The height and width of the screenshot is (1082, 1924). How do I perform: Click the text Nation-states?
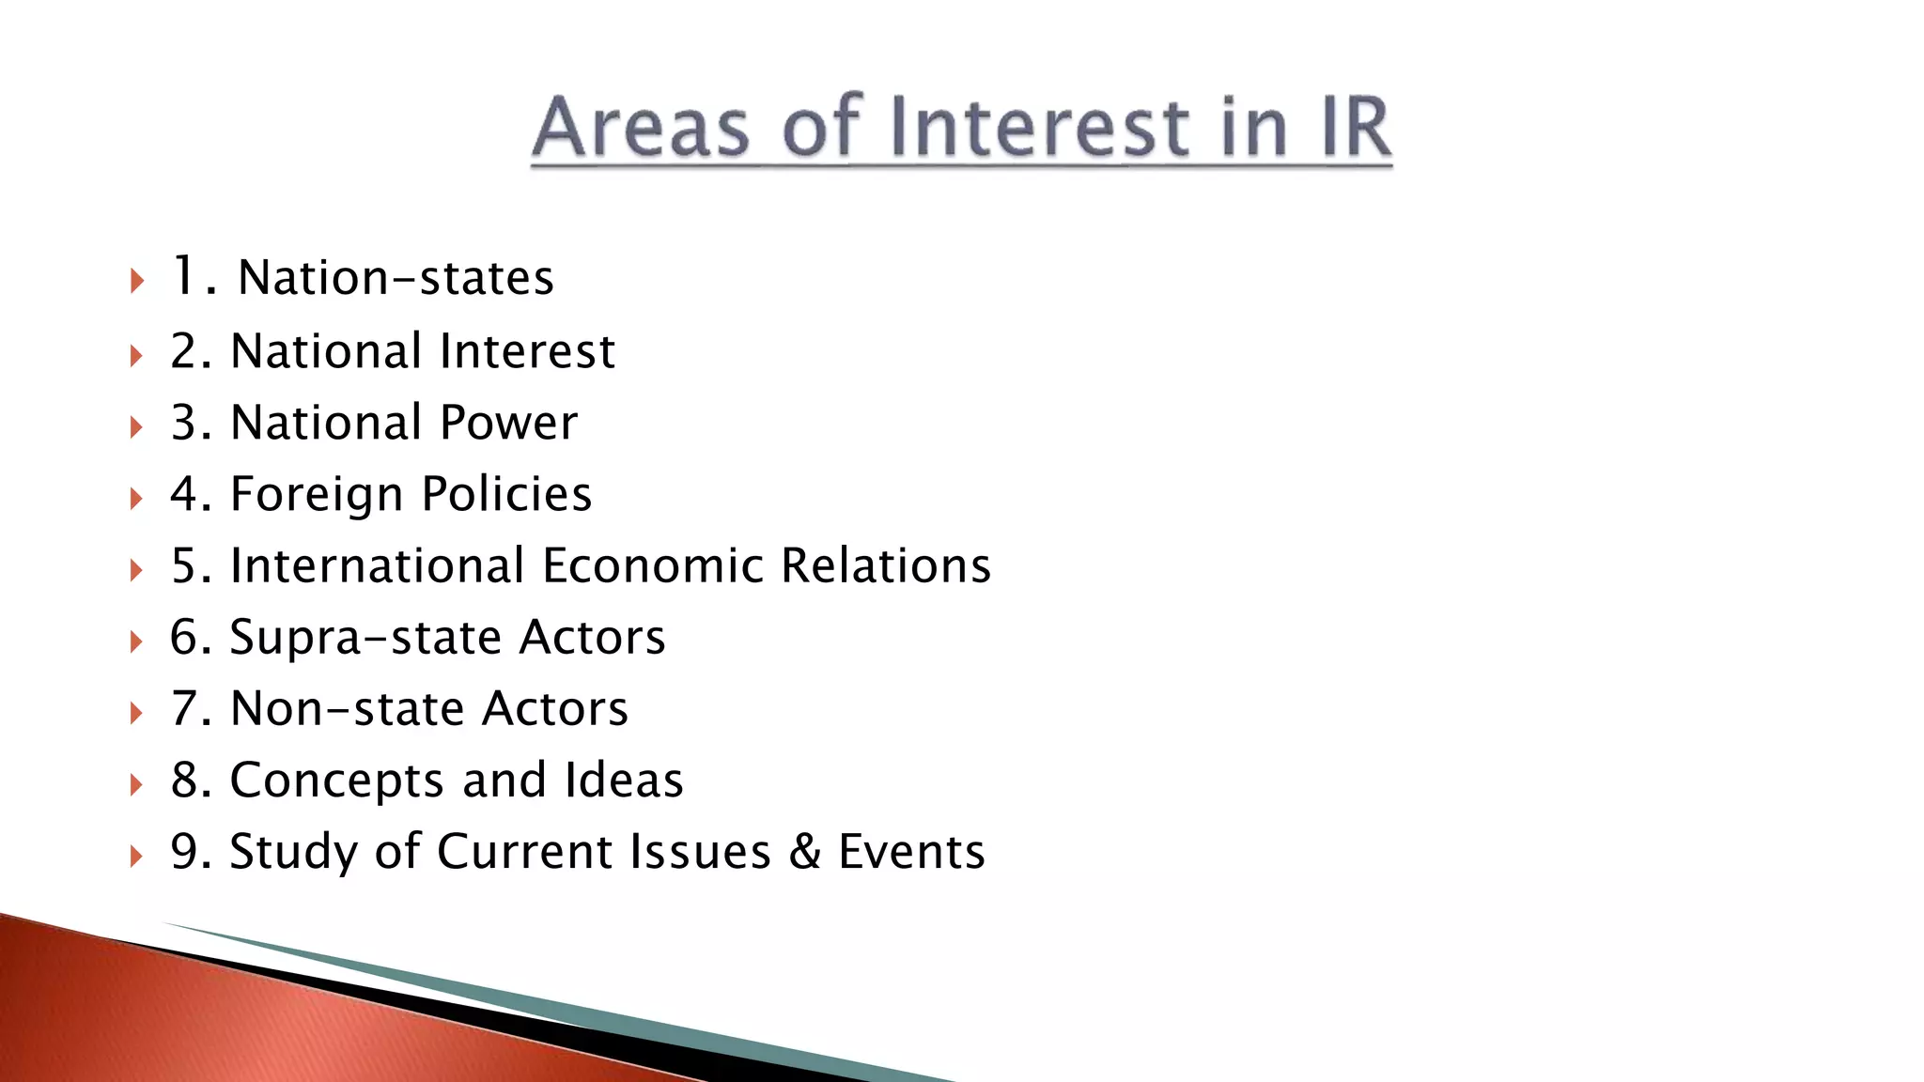point(396,278)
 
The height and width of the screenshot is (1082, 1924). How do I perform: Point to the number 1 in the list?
point(182,276)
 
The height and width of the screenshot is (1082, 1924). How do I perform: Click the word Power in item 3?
point(508,423)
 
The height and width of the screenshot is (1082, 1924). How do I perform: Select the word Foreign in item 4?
point(316,494)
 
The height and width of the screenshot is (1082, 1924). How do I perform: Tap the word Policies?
point(506,494)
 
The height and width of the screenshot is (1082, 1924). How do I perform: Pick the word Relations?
point(886,565)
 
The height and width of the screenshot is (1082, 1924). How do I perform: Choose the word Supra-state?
point(365,637)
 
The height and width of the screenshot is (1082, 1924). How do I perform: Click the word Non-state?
point(347,708)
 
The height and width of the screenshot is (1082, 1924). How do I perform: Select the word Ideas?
point(624,780)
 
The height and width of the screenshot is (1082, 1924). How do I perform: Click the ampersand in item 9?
point(804,852)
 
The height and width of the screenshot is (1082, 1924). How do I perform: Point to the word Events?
point(911,852)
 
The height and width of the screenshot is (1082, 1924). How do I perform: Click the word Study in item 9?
point(293,853)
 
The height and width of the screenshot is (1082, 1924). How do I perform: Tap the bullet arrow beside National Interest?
point(137,356)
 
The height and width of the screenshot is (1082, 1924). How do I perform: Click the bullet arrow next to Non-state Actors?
point(137,713)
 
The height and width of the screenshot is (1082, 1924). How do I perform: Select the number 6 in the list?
point(184,637)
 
